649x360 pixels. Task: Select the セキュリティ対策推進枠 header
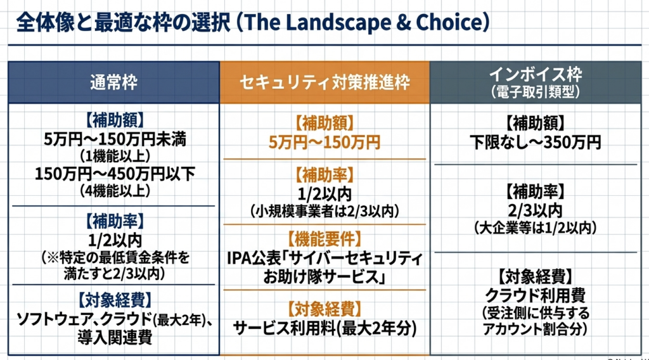click(325, 82)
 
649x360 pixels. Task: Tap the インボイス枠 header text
click(536, 75)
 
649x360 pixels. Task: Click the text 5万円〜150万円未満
click(115, 139)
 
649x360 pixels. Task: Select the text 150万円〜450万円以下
click(115, 174)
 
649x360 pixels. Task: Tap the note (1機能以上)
click(115, 157)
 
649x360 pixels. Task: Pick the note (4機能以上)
click(115, 191)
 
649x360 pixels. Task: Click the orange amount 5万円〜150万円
click(324, 143)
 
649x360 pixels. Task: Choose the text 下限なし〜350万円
click(535, 143)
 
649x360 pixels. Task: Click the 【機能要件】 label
click(324, 239)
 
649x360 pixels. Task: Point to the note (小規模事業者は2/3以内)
click(324, 212)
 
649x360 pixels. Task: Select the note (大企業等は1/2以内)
click(535, 228)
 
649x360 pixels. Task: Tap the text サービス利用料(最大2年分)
click(325, 328)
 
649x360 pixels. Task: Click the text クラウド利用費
click(535, 295)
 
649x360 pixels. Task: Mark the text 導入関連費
click(115, 337)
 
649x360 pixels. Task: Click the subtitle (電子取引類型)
click(536, 92)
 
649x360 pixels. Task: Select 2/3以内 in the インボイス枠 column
click(535, 210)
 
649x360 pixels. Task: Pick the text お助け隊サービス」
click(324, 277)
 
